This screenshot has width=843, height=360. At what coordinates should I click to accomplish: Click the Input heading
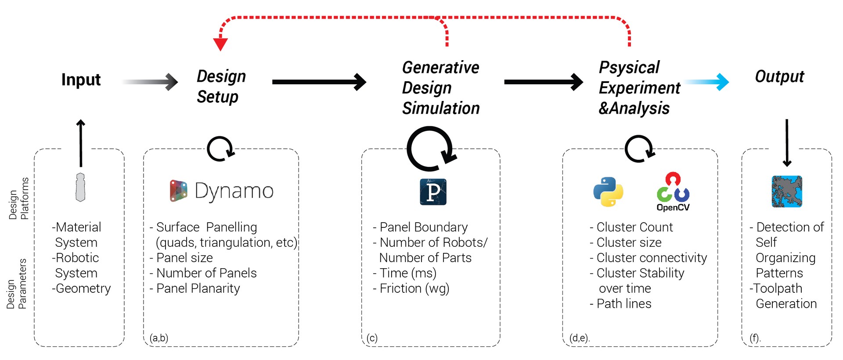click(81, 80)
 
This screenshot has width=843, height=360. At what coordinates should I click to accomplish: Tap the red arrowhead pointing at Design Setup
click(220, 44)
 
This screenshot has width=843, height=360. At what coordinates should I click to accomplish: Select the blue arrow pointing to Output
click(707, 82)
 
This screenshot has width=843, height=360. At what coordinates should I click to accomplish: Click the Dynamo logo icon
click(179, 191)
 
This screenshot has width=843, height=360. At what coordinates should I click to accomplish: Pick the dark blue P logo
click(433, 192)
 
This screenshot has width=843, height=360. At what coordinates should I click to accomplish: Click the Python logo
click(608, 192)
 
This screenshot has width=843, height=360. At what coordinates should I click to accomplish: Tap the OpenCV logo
click(673, 192)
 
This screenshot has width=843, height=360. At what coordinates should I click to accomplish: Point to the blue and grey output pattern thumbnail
click(787, 191)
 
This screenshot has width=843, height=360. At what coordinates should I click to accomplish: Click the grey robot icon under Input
click(80, 187)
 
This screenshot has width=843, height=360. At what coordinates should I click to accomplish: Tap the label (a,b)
click(159, 338)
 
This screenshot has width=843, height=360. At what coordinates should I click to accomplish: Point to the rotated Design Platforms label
click(19, 198)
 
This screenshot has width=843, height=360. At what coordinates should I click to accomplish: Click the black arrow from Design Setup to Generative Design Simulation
click(319, 82)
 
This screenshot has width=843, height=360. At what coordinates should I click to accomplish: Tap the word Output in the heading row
click(779, 77)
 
